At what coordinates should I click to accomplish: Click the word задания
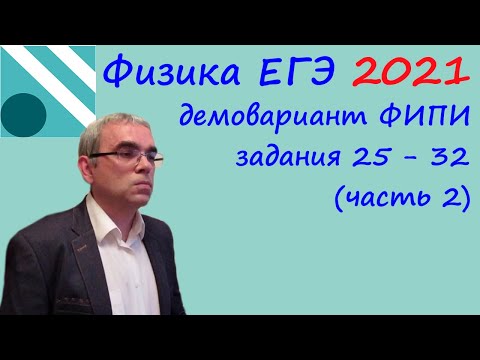point(289,158)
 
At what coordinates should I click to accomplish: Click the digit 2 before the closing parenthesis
point(451,197)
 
